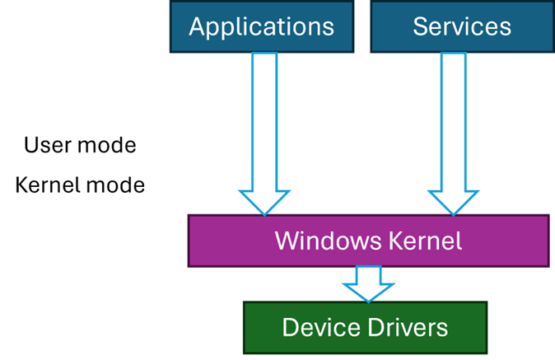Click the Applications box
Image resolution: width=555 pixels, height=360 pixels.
(x=261, y=26)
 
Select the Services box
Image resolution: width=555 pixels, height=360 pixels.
(x=462, y=26)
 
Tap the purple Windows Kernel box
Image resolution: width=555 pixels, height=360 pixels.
(x=368, y=241)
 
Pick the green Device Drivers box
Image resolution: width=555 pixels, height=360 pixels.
(x=365, y=328)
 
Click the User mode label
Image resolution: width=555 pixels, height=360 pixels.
(x=80, y=146)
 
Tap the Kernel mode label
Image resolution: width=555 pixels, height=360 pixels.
(x=80, y=185)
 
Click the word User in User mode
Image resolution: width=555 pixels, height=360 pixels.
(x=44, y=146)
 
